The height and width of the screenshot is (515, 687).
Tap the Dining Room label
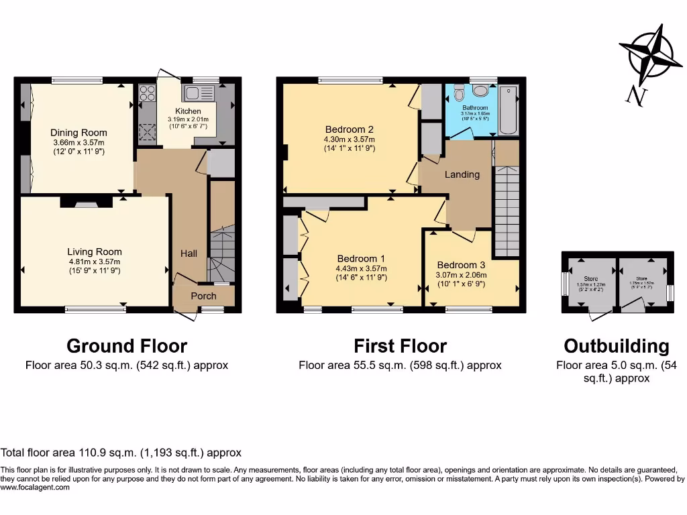click(x=79, y=132)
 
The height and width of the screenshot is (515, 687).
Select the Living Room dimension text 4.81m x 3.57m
click(x=95, y=262)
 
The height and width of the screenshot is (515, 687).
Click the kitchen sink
click(x=199, y=93)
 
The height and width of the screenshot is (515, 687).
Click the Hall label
click(x=189, y=253)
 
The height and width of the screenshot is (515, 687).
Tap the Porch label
click(x=203, y=296)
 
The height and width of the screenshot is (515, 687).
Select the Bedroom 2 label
click(x=349, y=129)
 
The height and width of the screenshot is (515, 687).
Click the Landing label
click(x=462, y=174)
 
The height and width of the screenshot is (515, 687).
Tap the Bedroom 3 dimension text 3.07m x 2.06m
click(x=462, y=274)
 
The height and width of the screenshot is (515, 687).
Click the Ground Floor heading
click(x=127, y=346)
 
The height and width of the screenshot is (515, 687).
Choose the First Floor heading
click(x=401, y=346)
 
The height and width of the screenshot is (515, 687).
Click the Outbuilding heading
click(x=616, y=346)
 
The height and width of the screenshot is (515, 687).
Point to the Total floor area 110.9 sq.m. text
click(x=121, y=453)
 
